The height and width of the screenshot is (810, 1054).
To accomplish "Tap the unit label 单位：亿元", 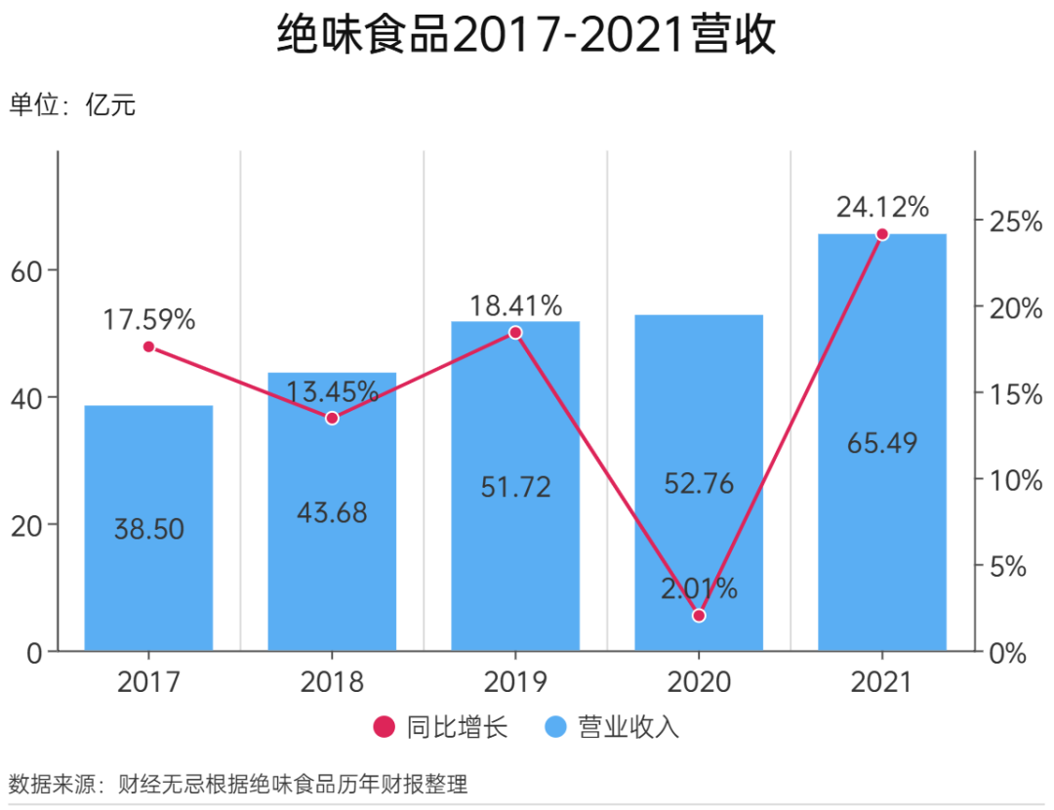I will [x=72, y=105].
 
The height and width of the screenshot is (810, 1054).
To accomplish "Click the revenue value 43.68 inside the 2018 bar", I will [x=332, y=512].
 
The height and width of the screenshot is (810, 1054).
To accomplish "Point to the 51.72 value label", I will [x=515, y=486].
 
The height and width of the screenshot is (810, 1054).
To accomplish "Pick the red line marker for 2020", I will [x=698, y=616].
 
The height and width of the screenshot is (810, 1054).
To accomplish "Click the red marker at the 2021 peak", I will [x=882, y=234].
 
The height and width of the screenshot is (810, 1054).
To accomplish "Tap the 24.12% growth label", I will [x=882, y=207].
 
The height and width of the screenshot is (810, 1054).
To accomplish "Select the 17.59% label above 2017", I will [x=149, y=319].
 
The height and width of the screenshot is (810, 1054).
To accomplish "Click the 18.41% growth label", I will [x=515, y=305].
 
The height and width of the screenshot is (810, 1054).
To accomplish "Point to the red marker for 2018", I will [x=332, y=418].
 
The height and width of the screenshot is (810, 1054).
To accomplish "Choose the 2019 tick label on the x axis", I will [x=515, y=681].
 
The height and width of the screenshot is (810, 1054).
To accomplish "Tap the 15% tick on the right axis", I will [x=1002, y=393].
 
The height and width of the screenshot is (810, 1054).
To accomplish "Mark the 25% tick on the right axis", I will [x=1002, y=222].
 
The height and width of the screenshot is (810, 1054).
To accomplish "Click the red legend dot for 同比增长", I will [x=384, y=727].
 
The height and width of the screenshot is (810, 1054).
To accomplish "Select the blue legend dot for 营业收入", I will [x=554, y=727].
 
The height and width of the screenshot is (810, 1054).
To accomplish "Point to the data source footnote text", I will [x=238, y=784].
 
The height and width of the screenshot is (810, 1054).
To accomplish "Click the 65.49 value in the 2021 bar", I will [x=882, y=443].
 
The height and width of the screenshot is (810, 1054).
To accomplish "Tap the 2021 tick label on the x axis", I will [x=882, y=681].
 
